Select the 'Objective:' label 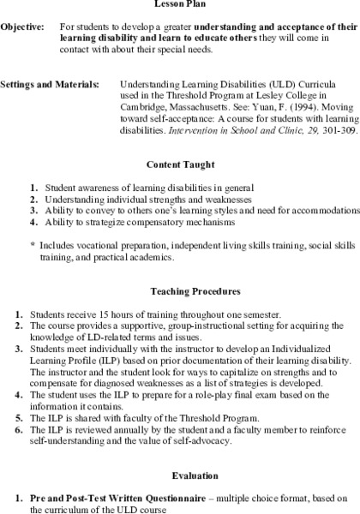pos(21,28)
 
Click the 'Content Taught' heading pos(179,164)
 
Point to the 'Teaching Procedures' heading pos(179,291)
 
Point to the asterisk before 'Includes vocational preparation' pos(32,244)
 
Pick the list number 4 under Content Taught pos(33,221)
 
